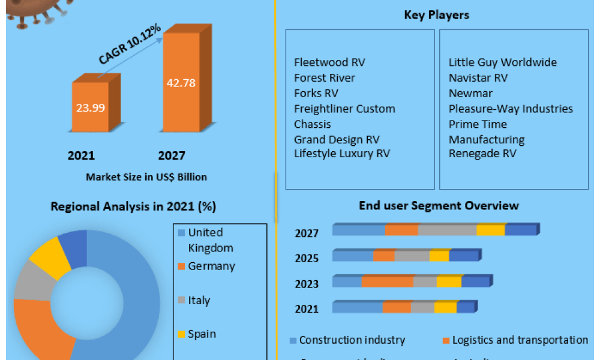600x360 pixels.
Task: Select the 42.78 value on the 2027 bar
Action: (x=181, y=83)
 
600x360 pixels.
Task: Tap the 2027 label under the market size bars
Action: (x=172, y=156)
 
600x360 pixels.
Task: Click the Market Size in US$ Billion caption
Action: (x=146, y=177)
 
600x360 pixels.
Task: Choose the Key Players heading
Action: (x=436, y=15)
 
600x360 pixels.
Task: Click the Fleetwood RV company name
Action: (x=329, y=62)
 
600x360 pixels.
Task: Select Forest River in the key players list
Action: (x=325, y=78)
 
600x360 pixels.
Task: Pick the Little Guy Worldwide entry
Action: (x=503, y=62)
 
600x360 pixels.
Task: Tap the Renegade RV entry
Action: (x=482, y=154)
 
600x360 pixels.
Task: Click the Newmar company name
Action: (x=470, y=94)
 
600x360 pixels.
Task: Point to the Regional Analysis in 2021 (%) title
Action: (x=133, y=207)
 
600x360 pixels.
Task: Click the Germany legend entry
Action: (x=211, y=266)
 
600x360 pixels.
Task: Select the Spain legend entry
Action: (x=202, y=334)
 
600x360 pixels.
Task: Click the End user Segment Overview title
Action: (x=439, y=206)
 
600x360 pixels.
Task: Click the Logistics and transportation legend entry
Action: (x=520, y=340)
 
